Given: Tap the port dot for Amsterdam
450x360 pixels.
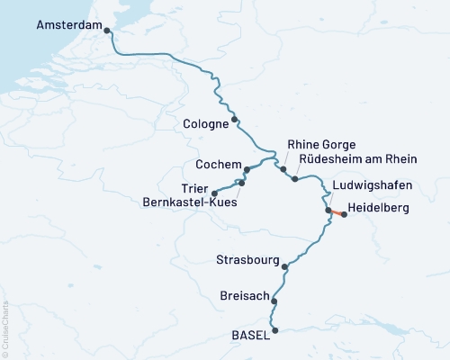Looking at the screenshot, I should click(x=108, y=31).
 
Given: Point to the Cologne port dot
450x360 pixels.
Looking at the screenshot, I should click(x=235, y=119).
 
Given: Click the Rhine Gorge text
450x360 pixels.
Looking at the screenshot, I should click(x=321, y=144).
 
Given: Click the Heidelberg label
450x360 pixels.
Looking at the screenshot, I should click(x=378, y=208).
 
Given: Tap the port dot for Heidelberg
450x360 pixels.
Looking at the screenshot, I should click(x=344, y=214).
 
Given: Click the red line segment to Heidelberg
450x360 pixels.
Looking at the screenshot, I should click(x=336, y=212).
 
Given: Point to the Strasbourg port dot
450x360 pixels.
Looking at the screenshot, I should click(x=285, y=266).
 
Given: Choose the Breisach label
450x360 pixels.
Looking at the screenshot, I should click(x=243, y=295).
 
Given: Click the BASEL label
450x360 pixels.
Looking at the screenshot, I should click(x=250, y=336).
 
